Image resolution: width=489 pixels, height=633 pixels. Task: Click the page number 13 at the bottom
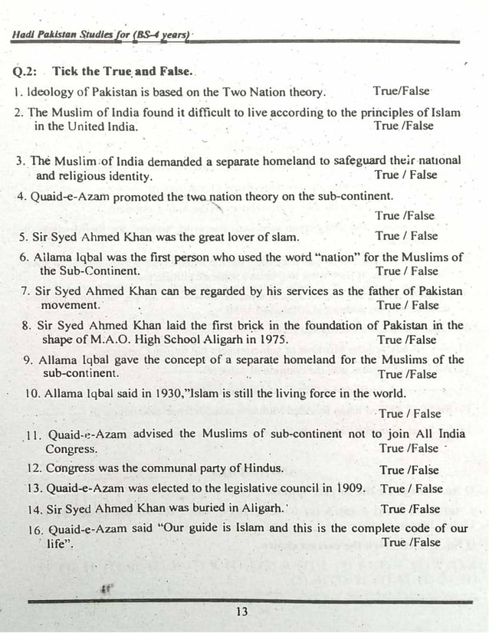[242, 612]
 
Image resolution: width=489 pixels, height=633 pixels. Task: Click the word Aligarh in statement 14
[258, 508]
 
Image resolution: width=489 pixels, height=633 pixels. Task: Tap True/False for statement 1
[402, 91]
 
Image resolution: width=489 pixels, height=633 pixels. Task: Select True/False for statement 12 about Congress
[409, 469]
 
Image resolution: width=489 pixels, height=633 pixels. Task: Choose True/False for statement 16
[411, 543]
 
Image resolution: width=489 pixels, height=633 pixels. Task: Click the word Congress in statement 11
[71, 450]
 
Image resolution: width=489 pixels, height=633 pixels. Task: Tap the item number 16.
[34, 529]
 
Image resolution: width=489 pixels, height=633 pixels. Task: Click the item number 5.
[24, 237]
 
